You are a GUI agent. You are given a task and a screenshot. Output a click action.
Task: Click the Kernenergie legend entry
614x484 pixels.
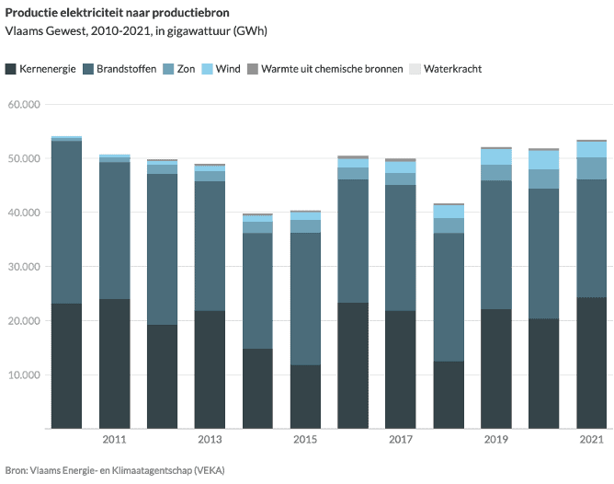coord(46,69)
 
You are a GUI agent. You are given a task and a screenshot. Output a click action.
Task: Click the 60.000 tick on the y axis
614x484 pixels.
coord(23,105)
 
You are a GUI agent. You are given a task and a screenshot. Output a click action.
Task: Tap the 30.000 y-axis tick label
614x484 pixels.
coord(23,267)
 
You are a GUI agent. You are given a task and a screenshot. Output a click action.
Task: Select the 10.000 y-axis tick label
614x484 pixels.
coord(23,375)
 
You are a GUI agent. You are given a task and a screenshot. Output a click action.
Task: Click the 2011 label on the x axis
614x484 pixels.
coord(115,440)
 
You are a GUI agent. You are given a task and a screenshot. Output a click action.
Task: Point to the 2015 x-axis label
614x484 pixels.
coord(305,440)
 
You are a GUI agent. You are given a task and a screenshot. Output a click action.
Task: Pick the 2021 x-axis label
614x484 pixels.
coord(591,440)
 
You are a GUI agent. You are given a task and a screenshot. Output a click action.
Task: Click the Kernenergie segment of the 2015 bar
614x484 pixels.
coord(305,397)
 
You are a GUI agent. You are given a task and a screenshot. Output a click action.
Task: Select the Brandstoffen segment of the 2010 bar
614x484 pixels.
coord(66,222)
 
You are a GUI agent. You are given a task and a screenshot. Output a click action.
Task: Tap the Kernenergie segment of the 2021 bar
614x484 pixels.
coord(591,363)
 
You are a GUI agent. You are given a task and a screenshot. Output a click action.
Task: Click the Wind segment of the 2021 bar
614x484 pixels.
coord(591,149)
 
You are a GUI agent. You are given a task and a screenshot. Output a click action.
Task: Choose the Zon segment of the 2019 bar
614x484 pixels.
coord(496,172)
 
